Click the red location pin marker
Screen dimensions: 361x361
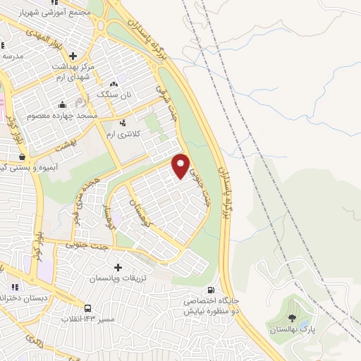181,165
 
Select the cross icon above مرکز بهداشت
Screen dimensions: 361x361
73,55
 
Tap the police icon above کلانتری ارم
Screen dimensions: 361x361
124,123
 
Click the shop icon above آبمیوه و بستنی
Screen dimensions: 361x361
22,157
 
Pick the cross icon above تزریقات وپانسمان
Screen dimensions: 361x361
118,268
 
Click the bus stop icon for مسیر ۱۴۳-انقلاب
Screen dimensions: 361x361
87,308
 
